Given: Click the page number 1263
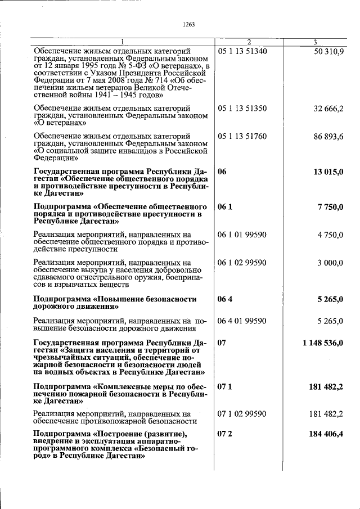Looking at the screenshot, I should pos(189,24).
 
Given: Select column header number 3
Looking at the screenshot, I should pos(316,42).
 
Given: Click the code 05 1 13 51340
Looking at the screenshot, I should pos(242,51).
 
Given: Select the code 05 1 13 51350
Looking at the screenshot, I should pos(242,107).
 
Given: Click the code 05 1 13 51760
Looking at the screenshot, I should pos(242,136).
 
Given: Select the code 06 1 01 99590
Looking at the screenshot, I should pos(242,235).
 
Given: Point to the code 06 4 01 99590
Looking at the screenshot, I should pos(242,321).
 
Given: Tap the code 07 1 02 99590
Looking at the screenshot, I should pos(242,414).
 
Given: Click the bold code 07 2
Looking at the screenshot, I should pos(225,434).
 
